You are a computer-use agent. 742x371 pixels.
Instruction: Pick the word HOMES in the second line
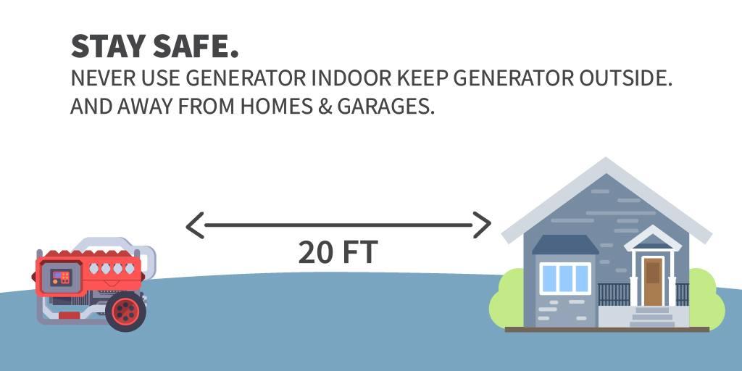276,107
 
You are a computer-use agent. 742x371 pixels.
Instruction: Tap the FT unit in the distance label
361,252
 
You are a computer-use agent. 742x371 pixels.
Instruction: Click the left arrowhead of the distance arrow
194,225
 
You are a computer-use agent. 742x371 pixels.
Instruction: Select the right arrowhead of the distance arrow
482,225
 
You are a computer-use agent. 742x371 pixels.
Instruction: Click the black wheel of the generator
125,312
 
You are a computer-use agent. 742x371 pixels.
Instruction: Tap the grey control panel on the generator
62,278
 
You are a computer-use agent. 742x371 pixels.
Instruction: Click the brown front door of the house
653,282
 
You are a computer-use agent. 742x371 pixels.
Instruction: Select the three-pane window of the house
565,279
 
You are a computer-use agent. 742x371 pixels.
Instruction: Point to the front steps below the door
652,317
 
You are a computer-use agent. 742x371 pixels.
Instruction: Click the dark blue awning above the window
565,245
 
